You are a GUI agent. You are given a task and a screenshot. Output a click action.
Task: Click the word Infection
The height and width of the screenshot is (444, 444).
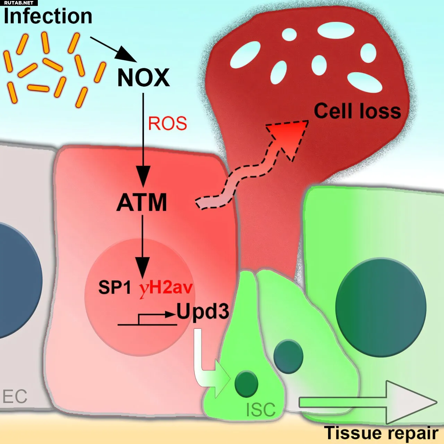click(x=48, y=16)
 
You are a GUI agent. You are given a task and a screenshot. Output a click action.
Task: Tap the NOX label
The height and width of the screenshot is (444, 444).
click(x=143, y=77)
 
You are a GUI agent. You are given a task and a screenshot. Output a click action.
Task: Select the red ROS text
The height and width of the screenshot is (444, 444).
click(x=168, y=123)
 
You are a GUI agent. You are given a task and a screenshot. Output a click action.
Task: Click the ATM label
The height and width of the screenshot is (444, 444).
click(x=142, y=203)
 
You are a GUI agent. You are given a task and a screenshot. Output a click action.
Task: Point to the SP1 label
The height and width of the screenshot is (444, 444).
click(x=114, y=288)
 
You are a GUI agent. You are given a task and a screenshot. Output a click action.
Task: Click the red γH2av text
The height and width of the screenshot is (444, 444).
click(x=166, y=288)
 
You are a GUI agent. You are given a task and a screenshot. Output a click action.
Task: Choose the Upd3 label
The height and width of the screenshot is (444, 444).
click(x=203, y=311)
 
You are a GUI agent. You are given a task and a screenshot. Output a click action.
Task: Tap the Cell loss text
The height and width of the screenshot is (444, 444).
click(x=357, y=111)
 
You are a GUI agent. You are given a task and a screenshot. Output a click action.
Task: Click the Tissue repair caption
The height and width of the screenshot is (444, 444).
click(x=381, y=433)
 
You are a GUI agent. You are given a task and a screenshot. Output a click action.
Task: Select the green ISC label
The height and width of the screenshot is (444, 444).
click(x=261, y=410)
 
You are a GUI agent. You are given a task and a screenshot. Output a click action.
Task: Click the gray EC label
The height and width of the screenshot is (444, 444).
click(x=15, y=396)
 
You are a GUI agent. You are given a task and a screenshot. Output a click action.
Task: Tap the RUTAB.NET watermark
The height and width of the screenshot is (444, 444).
click(x=19, y=3)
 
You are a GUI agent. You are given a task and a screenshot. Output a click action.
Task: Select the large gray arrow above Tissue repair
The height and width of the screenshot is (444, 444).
click(x=368, y=402)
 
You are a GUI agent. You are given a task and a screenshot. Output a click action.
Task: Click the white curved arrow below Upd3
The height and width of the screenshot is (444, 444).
click(x=208, y=368)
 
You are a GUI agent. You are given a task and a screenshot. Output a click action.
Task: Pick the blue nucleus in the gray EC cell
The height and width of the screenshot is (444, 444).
click(x=17, y=280)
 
